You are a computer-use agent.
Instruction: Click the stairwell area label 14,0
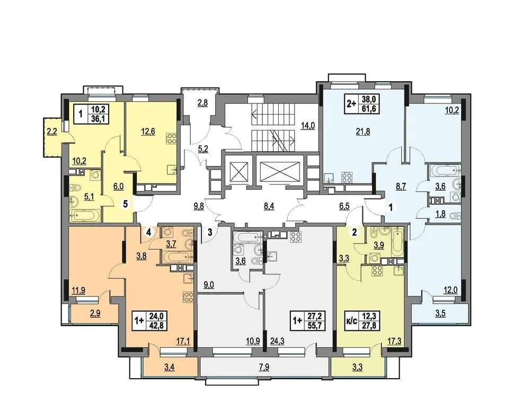click(x=307, y=126)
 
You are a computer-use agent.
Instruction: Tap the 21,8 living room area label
click(x=364, y=132)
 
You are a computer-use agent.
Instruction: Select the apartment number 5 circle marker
click(x=126, y=204)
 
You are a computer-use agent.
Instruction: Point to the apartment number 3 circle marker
click(x=210, y=232)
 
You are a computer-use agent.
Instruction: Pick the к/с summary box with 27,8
click(x=361, y=321)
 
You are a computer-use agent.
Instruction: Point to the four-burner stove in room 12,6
click(x=171, y=139)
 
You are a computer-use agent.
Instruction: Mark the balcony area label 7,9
click(x=264, y=367)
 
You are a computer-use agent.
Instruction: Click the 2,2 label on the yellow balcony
click(x=52, y=132)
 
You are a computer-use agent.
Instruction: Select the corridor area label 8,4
click(x=269, y=205)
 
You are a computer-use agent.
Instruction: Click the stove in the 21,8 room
click(x=348, y=177)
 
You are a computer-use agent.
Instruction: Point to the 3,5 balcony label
click(x=440, y=313)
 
